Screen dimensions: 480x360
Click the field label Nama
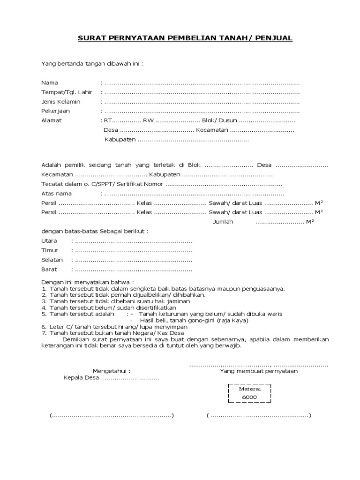coord(50,82)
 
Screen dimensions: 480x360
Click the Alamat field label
coord(52,120)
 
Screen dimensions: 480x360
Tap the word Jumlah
coord(223,222)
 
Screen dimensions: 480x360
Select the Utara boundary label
coord(49,241)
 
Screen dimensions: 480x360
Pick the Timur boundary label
coord(49,250)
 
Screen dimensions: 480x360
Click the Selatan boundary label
coord(51,260)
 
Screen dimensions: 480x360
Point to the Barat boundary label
coord(49,270)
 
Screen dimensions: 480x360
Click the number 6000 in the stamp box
coord(249,397)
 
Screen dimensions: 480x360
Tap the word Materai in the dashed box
coord(249,389)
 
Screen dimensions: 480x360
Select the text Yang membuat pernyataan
coord(259,371)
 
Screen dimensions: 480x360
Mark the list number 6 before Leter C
coord(44,326)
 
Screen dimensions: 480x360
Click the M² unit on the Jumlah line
coord(309,222)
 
